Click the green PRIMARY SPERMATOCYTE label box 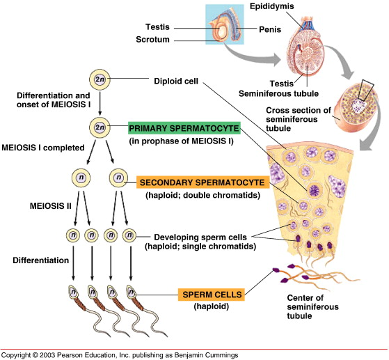pos(184,128)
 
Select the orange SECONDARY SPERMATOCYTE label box pos(201,182)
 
